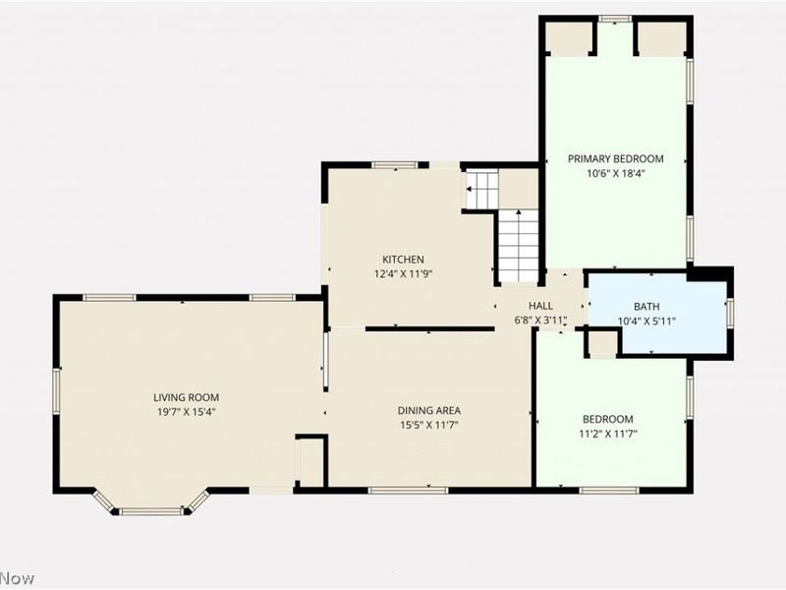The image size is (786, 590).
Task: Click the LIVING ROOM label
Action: [x=186, y=397]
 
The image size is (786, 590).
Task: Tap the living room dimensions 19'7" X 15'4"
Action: [x=186, y=412]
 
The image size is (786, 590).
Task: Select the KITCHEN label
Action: [x=403, y=260]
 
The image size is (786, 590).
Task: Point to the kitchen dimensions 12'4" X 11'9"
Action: [x=403, y=273]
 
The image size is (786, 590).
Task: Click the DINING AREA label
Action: [x=428, y=410]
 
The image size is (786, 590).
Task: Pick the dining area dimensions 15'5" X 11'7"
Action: [x=428, y=425]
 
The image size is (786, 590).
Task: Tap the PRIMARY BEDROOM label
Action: [x=615, y=158]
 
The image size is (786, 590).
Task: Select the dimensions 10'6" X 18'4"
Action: [x=615, y=173]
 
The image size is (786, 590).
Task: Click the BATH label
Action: [x=646, y=307]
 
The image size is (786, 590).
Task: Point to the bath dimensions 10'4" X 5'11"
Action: [x=646, y=321]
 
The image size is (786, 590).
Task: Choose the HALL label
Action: [x=540, y=306]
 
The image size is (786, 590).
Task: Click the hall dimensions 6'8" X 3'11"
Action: [x=540, y=321]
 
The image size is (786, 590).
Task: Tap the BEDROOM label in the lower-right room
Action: [x=608, y=419]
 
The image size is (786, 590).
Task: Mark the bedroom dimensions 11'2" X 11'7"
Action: [x=608, y=434]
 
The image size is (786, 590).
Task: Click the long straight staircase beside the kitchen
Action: [x=518, y=246]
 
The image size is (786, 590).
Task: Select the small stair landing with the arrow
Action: [x=481, y=189]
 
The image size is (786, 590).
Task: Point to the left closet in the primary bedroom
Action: [x=569, y=38]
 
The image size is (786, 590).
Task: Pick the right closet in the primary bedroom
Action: [x=661, y=38]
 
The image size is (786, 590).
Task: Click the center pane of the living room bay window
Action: [x=150, y=511]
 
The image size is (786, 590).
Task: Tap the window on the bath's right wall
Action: [x=729, y=312]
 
